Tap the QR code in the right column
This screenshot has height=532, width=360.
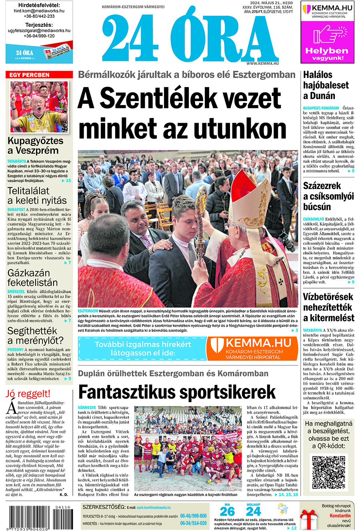[328, 472]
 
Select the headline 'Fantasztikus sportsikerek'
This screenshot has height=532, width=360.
[176, 392]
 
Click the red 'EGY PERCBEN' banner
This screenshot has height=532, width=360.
[39, 75]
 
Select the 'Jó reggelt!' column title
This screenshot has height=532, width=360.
[28, 394]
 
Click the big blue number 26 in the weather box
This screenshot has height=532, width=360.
[227, 511]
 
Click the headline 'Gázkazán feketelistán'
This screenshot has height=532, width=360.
[32, 278]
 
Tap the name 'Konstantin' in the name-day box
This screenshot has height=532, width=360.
[340, 516]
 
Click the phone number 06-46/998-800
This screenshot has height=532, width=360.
[193, 516]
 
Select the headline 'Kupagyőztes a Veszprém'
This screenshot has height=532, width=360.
[35, 145]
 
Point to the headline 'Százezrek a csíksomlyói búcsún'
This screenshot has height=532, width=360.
[328, 196]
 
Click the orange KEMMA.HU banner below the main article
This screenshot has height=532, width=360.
[251, 348]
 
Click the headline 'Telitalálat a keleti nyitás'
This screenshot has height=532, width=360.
[37, 195]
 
